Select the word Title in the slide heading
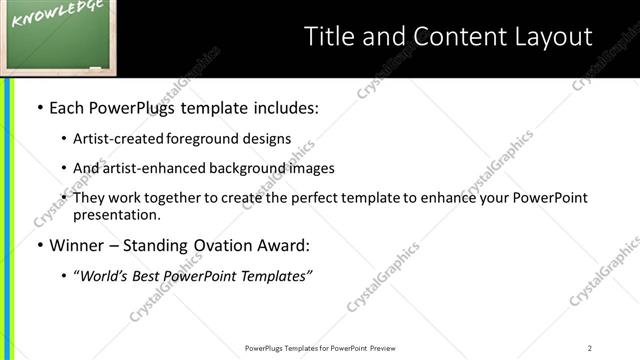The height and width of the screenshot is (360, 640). [x=327, y=37]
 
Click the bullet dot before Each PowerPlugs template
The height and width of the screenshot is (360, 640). [x=39, y=107]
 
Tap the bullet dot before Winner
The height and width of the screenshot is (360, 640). [x=39, y=245]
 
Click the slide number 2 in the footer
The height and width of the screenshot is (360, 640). [x=590, y=348]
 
